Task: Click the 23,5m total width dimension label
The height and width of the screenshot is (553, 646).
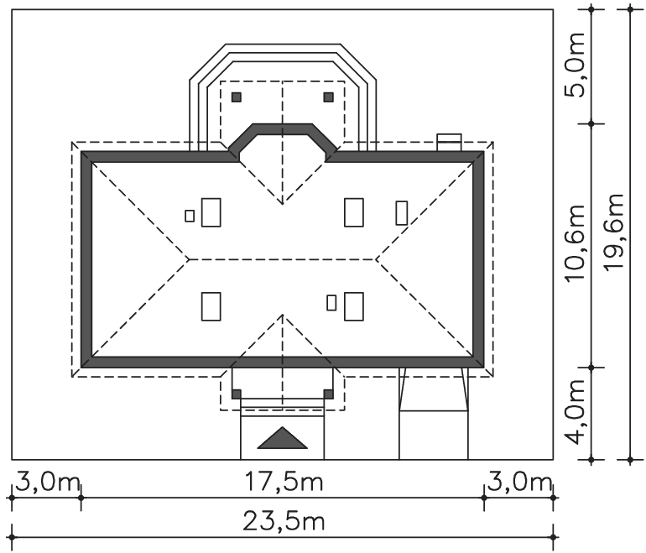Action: pyautogui.click(x=284, y=522)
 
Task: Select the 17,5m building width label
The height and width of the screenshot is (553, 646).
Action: pyautogui.click(x=284, y=483)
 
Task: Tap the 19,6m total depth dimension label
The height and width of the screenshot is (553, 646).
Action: pyautogui.click(x=614, y=232)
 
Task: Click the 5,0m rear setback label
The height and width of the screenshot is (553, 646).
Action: pyautogui.click(x=576, y=65)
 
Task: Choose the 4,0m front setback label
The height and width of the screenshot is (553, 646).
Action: pyautogui.click(x=576, y=412)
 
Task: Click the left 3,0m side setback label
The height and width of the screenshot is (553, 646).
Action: pyautogui.click(x=47, y=483)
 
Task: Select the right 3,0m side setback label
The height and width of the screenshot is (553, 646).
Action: pyautogui.click(x=519, y=483)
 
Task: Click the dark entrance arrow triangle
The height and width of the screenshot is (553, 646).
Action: pyautogui.click(x=282, y=438)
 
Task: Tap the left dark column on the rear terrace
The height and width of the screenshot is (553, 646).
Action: pyautogui.click(x=236, y=97)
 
